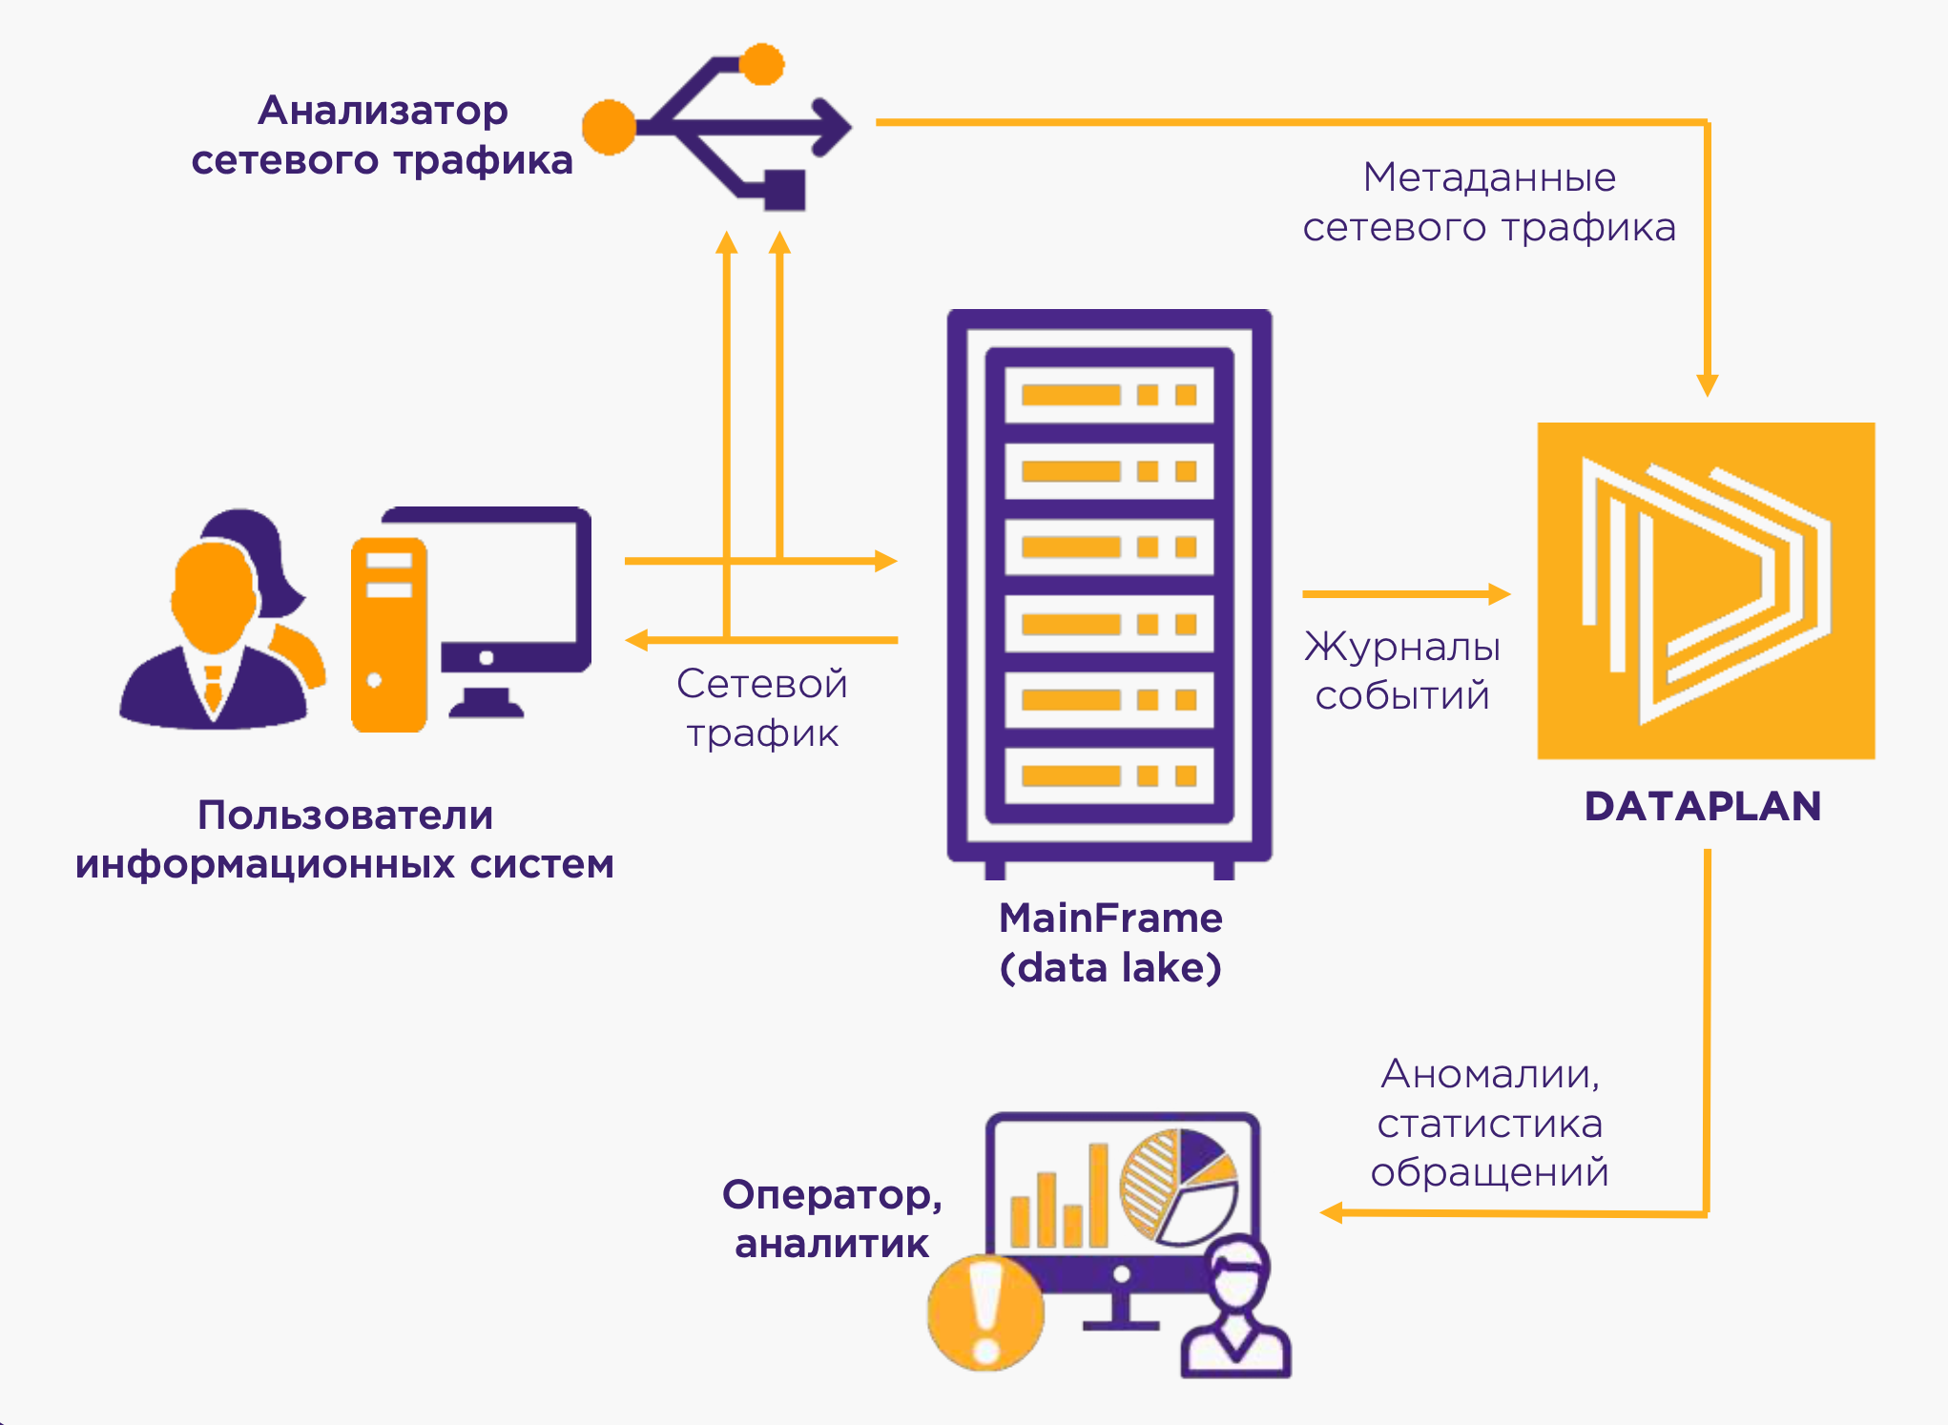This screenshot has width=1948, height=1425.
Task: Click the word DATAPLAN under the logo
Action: [x=1703, y=807]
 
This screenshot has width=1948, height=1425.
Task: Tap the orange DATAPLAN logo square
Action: [x=1706, y=590]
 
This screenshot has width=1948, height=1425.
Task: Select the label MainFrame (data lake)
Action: [x=1110, y=942]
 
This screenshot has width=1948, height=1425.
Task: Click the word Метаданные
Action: [x=1489, y=177]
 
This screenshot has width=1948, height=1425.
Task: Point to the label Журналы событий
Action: [x=1402, y=671]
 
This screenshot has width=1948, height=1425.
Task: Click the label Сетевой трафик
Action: [x=762, y=708]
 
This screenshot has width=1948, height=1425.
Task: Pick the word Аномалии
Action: [x=1489, y=1074]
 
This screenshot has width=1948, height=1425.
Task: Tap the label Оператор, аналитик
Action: [x=832, y=1219]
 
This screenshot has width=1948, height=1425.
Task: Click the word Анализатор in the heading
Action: [x=383, y=111]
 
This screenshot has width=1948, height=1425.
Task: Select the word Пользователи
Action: [x=345, y=816]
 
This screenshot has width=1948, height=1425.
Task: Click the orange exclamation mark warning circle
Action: [x=985, y=1312]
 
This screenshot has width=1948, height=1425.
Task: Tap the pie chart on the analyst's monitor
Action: [x=1179, y=1186]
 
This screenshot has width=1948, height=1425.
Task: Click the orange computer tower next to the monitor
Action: [x=388, y=633]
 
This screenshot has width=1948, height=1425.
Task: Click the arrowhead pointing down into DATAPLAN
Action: [x=1707, y=384]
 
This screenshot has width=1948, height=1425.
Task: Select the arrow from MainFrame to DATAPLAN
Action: [x=1406, y=594]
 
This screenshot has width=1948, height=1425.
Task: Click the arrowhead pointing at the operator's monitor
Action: [x=1332, y=1213]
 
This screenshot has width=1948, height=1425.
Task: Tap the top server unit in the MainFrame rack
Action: [x=1109, y=395]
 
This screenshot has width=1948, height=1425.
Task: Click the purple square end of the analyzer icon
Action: [x=784, y=189]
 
